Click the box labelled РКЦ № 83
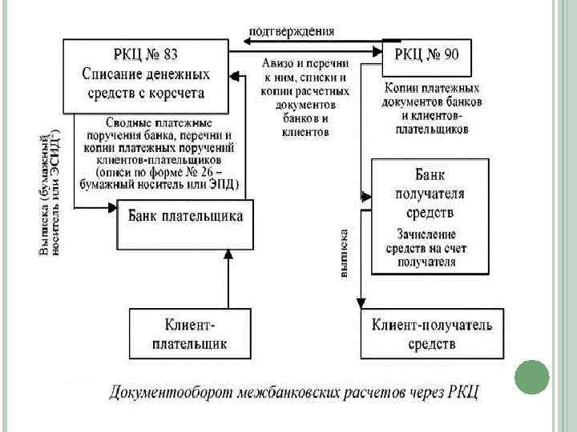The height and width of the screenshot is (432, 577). [146, 74]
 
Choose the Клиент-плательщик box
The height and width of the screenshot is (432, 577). [190, 334]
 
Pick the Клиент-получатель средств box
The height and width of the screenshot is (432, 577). [432, 334]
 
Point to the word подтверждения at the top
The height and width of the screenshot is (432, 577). [292, 30]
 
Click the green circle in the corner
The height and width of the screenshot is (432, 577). [531, 377]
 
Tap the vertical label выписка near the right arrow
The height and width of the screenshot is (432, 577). [343, 254]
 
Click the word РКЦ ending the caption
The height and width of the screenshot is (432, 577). [462, 393]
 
